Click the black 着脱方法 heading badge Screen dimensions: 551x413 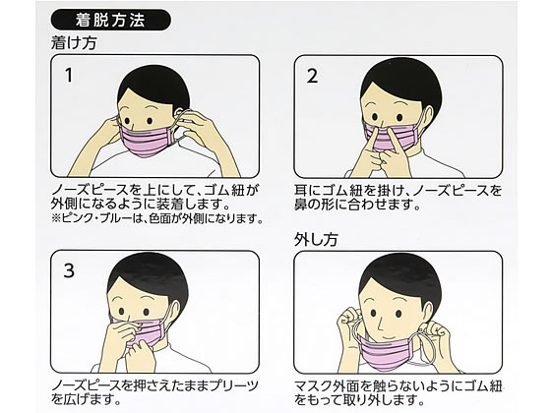111,21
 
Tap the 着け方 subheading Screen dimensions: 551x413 74,43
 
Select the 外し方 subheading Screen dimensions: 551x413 316,240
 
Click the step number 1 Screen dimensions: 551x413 69,75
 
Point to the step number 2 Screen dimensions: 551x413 312,76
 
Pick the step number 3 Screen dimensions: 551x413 69,270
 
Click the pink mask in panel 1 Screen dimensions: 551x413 147,141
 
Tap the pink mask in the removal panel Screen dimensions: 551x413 389,350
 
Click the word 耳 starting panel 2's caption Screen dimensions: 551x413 301,191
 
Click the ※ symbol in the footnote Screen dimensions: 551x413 56,218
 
